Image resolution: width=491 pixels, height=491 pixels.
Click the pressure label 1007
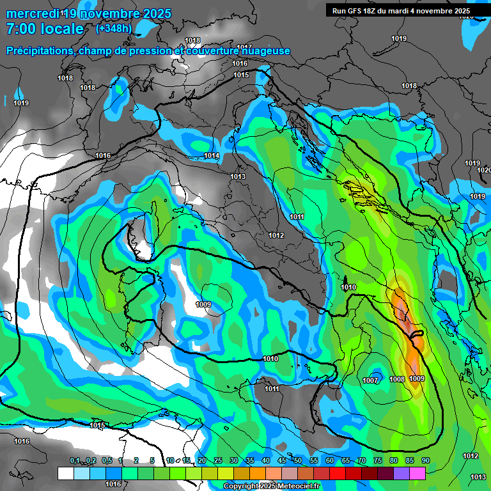coord(370,380)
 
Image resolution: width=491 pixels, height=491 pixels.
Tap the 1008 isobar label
coord(397,379)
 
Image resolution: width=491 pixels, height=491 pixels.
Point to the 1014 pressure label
coord(212,156)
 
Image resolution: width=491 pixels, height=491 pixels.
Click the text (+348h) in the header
coord(114,28)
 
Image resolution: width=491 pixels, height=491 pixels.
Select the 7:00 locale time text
coord(45,29)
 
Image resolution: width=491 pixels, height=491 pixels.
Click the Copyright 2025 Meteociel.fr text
coord(272,487)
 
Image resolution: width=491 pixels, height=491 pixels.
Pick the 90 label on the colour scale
coord(425,460)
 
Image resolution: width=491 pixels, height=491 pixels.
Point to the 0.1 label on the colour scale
coord(75,460)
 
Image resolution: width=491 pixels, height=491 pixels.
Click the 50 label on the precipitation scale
coord(298,460)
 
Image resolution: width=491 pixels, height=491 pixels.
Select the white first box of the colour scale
coord(65,473)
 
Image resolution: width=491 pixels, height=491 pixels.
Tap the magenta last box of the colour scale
coord(417,473)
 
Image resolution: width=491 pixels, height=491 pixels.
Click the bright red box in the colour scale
coord(338,473)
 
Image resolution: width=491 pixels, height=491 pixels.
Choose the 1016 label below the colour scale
coord(113,485)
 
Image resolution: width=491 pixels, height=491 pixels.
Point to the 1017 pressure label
coord(244,48)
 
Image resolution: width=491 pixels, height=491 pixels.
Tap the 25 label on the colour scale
coord(217,460)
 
